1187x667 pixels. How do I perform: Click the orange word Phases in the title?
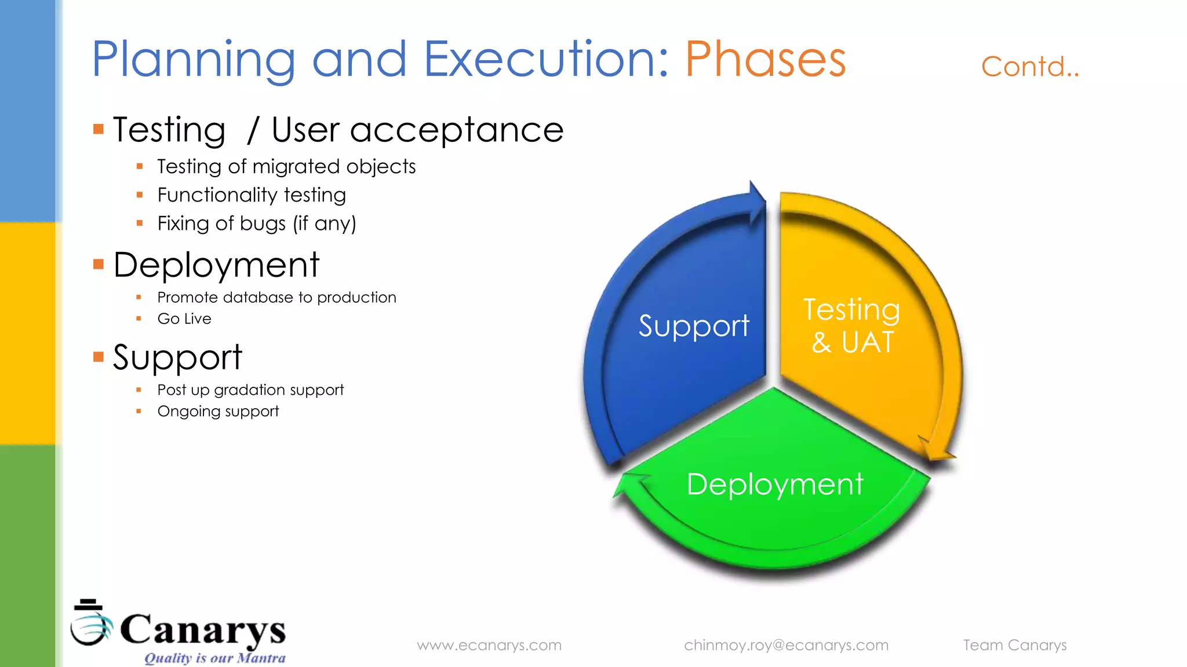765,59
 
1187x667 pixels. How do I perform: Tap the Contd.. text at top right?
1029,67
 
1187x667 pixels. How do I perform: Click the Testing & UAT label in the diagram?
851,325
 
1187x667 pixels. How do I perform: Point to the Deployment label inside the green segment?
774,484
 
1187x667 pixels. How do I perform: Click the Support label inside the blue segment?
694,326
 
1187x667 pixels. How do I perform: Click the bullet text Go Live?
184,319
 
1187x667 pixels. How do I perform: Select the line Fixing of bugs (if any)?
257,223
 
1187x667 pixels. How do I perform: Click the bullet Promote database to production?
276,298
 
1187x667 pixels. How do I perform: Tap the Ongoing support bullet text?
218,411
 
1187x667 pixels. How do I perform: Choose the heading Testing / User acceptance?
338,130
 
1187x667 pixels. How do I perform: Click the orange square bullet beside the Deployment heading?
99,265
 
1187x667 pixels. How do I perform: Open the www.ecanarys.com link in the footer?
489,645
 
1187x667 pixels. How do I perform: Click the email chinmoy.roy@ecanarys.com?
786,645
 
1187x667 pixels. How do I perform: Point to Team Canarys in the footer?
1014,645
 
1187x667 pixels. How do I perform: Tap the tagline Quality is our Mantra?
214,658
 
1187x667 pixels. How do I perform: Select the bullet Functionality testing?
252,195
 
